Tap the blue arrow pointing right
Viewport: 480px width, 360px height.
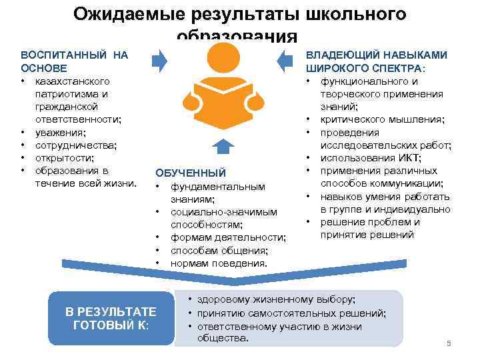(x=160, y=61)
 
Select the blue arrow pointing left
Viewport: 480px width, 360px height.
(x=285, y=61)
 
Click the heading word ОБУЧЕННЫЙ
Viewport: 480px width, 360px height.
(x=191, y=173)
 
